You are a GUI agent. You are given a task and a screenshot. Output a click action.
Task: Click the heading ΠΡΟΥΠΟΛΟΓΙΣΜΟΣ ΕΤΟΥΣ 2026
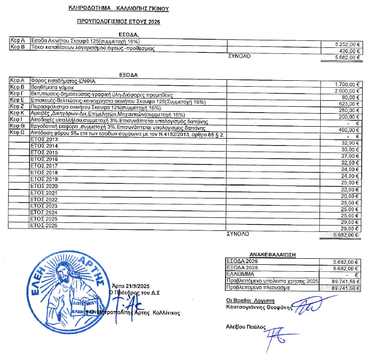[119, 22]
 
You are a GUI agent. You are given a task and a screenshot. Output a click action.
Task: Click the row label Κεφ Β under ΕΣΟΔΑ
[18, 48]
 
